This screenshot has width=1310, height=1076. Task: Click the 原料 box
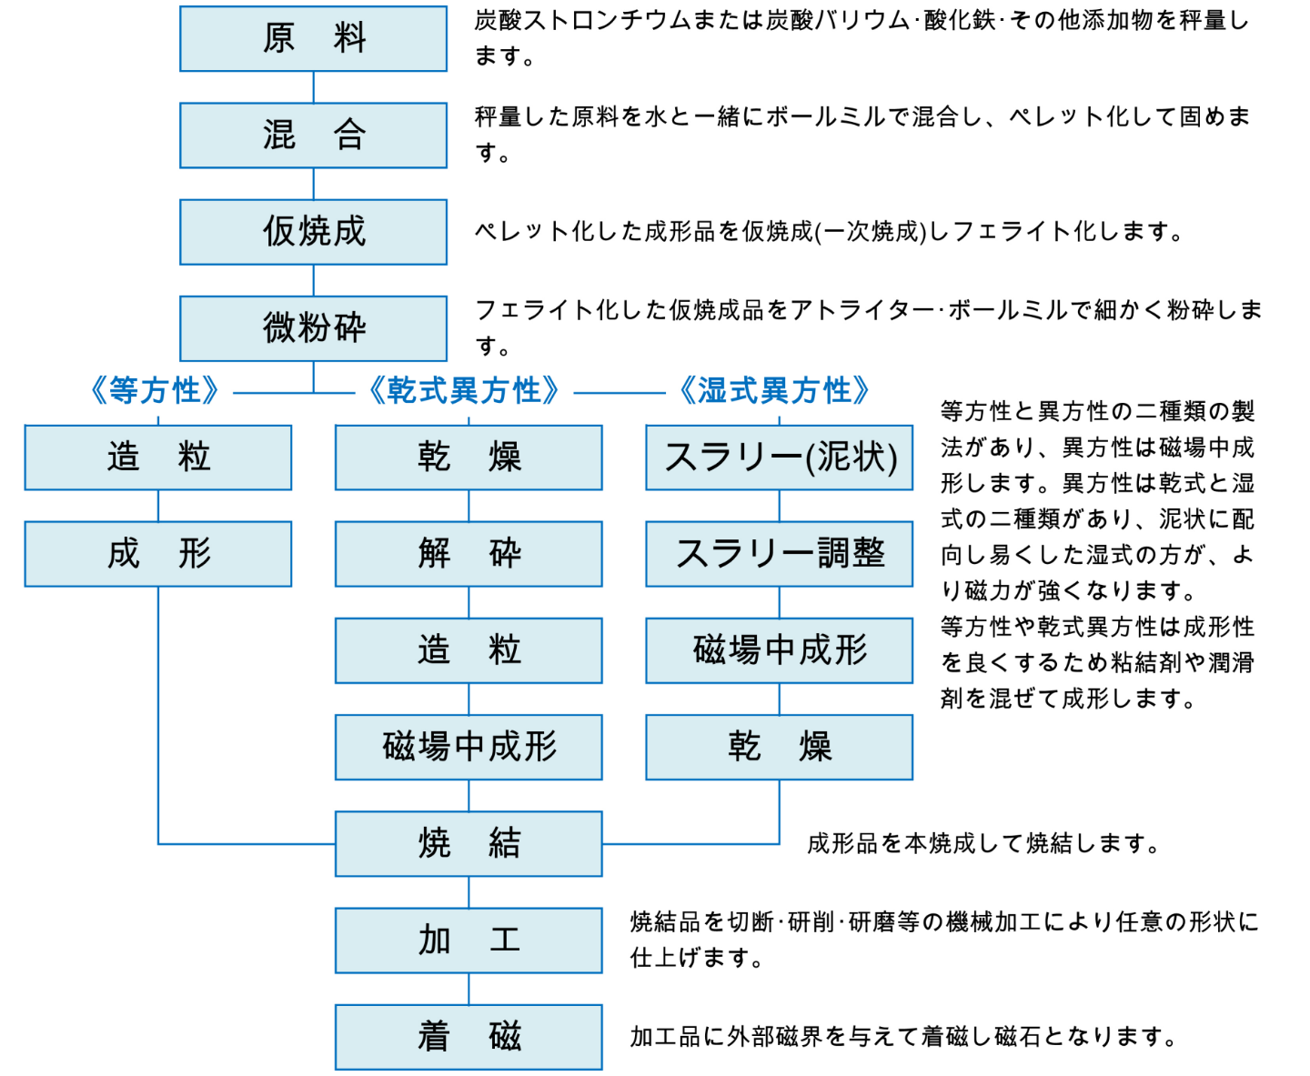pyautogui.click(x=313, y=38)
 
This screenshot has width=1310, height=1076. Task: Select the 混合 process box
pyautogui.click(x=313, y=136)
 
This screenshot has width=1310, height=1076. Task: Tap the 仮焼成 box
pyautogui.click(x=313, y=232)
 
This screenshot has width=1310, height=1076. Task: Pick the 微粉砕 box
pyautogui.click(x=313, y=328)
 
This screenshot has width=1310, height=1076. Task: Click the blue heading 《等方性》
pyautogui.click(x=155, y=391)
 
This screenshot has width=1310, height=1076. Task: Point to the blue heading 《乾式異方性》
pyautogui.click(x=464, y=391)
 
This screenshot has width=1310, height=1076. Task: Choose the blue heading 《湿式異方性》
pyautogui.click(x=774, y=391)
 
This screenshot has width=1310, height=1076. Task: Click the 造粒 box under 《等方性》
pyautogui.click(x=157, y=458)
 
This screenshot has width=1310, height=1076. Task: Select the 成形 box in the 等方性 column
pyautogui.click(x=157, y=554)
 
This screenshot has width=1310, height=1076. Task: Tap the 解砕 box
pyautogui.click(x=469, y=554)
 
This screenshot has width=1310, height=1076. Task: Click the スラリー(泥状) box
pyautogui.click(x=779, y=458)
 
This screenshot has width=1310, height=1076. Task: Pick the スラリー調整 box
pyautogui.click(x=779, y=554)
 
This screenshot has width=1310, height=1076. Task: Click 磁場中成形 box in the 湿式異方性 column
pyautogui.click(x=779, y=650)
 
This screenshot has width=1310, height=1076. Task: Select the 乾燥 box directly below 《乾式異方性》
pyautogui.click(x=469, y=458)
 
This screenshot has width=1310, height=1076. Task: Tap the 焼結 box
pyautogui.click(x=469, y=844)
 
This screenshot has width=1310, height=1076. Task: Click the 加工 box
pyautogui.click(x=469, y=940)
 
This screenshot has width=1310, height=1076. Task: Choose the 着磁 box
pyautogui.click(x=469, y=1037)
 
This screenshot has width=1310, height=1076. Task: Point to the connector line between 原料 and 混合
pyautogui.click(x=313, y=87)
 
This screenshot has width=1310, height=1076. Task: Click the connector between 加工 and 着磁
pyautogui.click(x=469, y=989)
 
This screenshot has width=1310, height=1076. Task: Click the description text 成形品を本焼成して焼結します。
pyautogui.click(x=982, y=844)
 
